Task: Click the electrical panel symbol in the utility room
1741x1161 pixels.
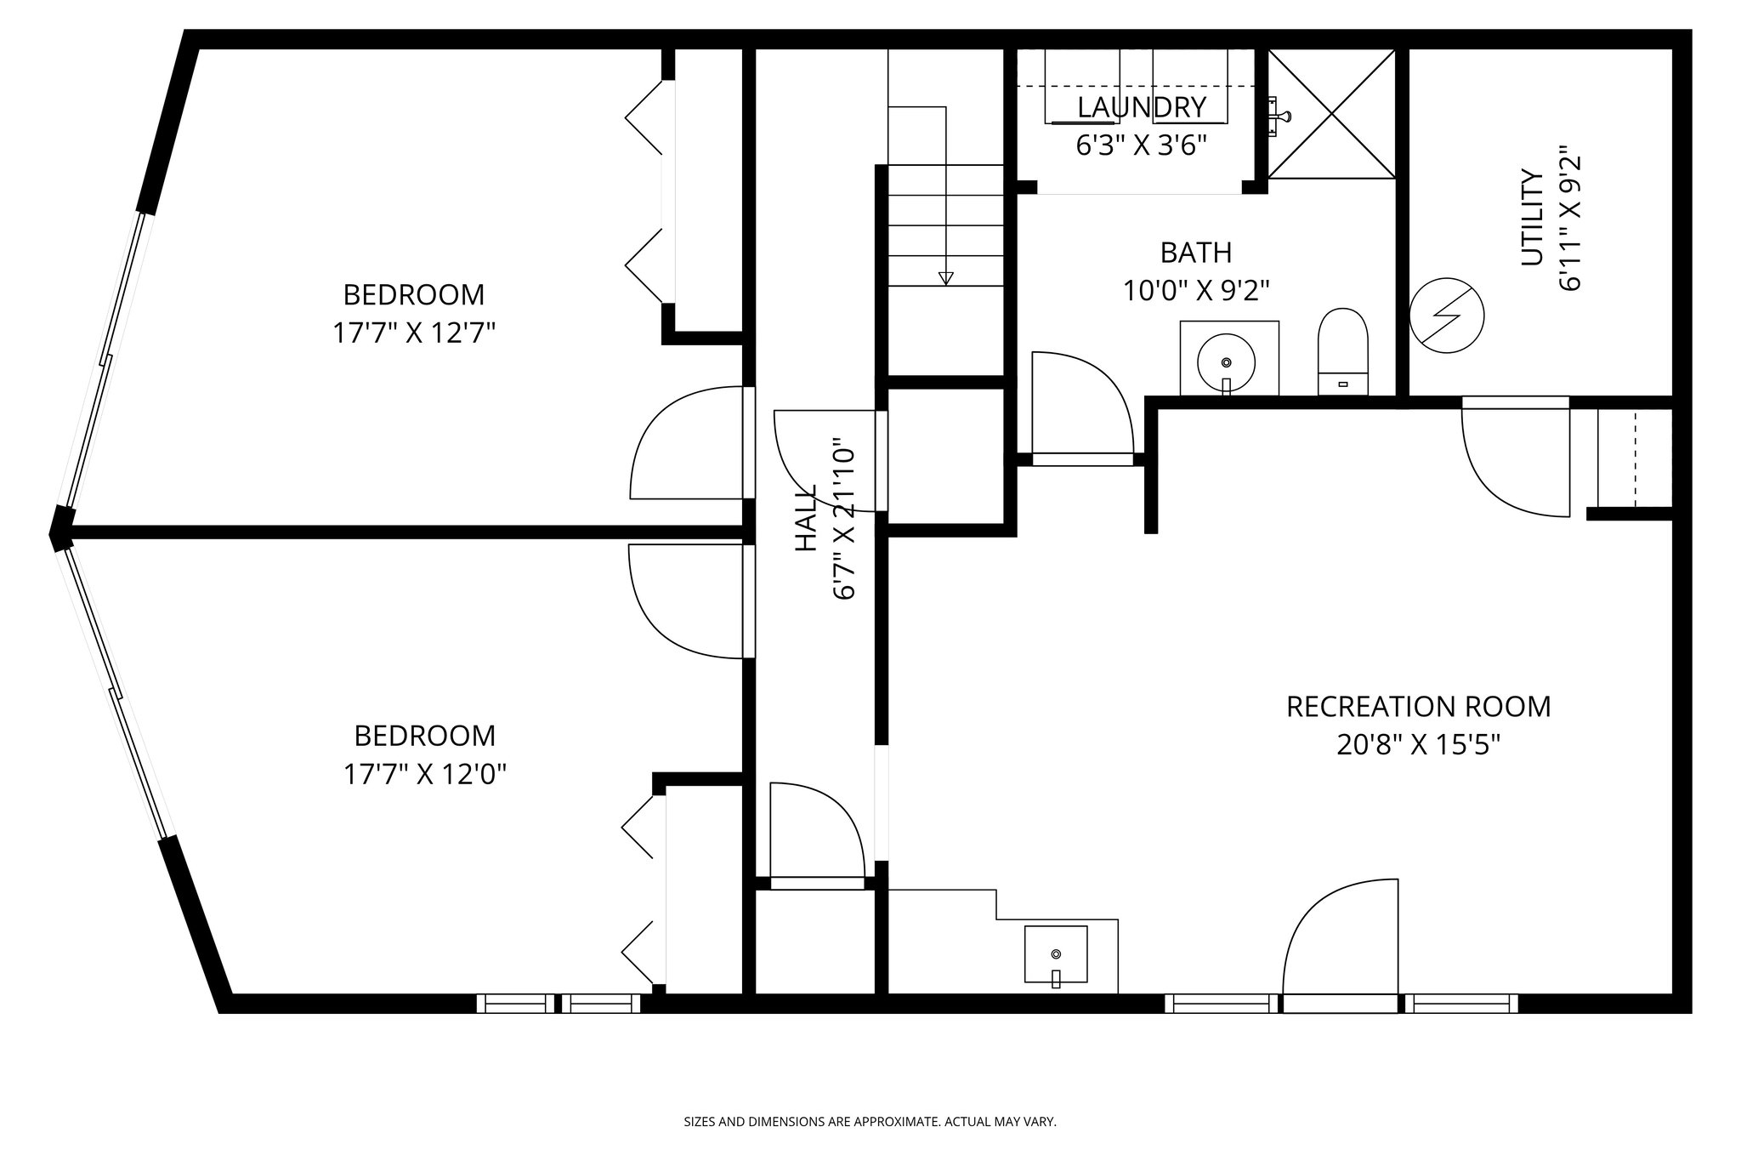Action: tap(1446, 316)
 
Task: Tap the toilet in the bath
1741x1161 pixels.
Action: tap(1342, 351)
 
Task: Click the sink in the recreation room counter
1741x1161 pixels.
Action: tap(1056, 954)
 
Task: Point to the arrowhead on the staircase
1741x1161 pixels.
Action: tap(945, 278)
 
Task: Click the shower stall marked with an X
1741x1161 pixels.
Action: tap(1331, 113)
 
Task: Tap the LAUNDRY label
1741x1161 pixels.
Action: tap(1142, 108)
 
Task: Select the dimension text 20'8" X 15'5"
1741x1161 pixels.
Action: tap(1418, 745)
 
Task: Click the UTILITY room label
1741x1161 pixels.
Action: tap(1532, 218)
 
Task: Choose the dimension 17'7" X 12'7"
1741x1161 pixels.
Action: tap(413, 333)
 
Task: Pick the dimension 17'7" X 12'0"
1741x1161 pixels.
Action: tap(424, 774)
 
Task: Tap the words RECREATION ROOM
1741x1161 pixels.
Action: tap(1418, 707)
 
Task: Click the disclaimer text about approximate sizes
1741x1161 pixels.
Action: tap(870, 1122)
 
